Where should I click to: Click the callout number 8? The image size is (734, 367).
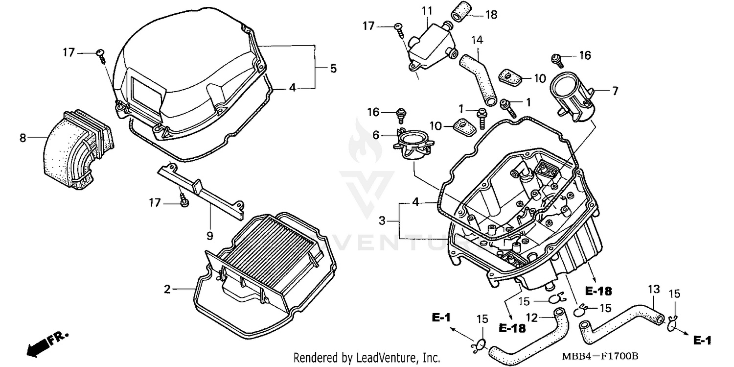tap(23, 138)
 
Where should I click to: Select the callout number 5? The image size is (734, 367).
tap(333, 69)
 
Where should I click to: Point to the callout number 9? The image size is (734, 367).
tap(209, 236)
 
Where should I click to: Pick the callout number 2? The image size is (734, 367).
tap(167, 290)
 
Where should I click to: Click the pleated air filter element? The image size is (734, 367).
tap(267, 250)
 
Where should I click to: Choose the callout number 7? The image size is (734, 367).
tap(615, 91)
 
